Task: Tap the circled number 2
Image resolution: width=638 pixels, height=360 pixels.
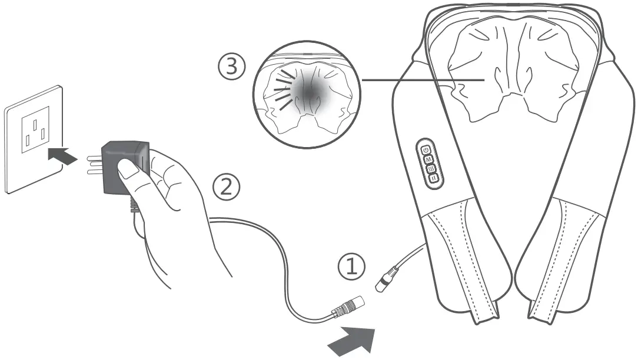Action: click(x=227, y=187)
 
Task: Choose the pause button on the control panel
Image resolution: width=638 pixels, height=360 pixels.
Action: click(x=433, y=178)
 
